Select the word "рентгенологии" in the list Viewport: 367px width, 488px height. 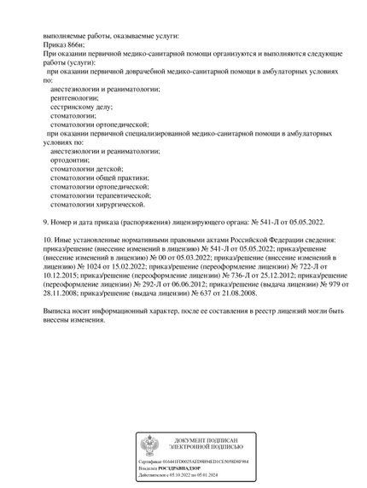[x=74, y=99]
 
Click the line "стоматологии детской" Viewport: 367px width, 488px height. [x=86, y=170]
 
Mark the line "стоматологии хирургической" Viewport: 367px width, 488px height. [x=97, y=205]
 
